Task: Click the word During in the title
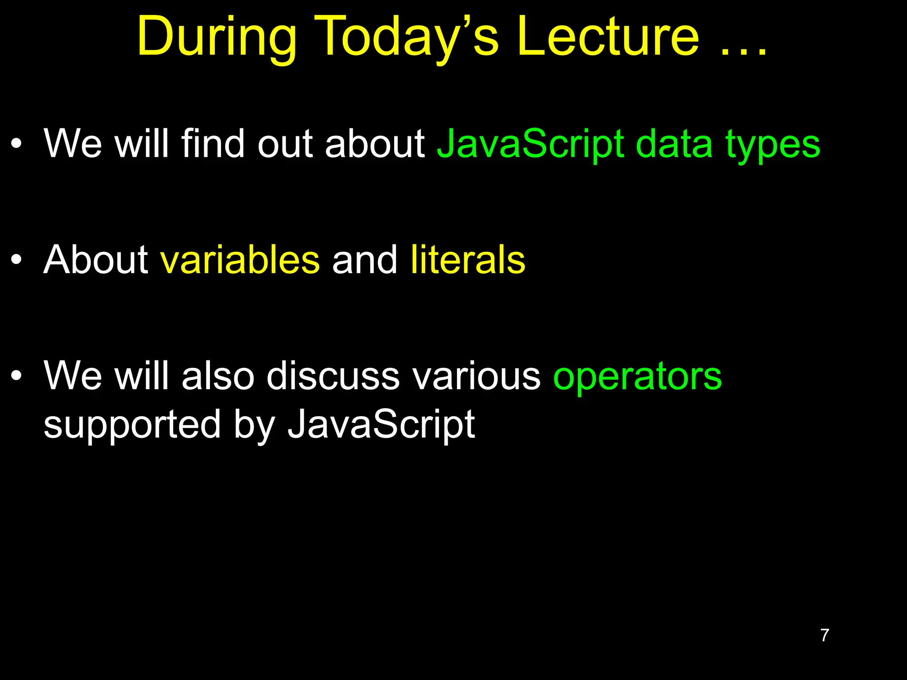[217, 38]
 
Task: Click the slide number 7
[825, 635]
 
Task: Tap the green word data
[674, 143]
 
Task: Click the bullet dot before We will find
[16, 144]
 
